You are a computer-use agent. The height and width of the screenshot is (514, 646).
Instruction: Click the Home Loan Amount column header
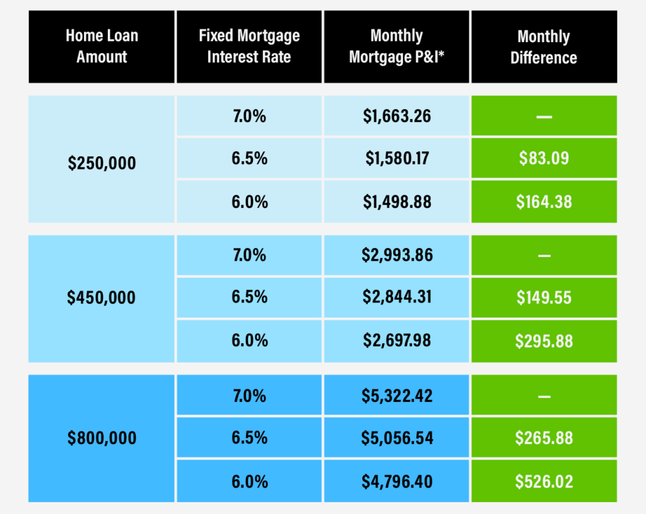[102, 47]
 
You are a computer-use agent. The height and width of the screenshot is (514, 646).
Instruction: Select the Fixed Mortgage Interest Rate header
[249, 47]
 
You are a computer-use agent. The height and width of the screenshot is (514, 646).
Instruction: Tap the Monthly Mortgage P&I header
[397, 47]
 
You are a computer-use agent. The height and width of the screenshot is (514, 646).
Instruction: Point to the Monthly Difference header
[544, 47]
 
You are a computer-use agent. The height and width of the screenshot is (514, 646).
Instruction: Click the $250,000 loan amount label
[102, 163]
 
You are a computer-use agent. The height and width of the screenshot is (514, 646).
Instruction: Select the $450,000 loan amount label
[102, 297]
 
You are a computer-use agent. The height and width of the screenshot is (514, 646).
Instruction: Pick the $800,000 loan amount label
[102, 438]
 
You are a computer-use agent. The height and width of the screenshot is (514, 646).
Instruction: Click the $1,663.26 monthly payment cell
[397, 116]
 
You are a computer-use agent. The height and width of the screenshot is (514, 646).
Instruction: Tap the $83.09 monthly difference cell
[544, 157]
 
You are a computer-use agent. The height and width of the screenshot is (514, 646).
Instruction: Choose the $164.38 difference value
[544, 202]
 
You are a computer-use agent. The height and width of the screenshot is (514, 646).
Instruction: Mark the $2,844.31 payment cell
[397, 297]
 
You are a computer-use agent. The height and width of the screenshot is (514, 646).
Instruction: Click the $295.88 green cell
[544, 341]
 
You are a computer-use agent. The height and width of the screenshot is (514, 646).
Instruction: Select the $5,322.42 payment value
[397, 396]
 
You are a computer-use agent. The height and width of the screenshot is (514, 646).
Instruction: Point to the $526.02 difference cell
[544, 482]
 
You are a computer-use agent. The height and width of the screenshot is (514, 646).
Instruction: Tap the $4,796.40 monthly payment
[397, 482]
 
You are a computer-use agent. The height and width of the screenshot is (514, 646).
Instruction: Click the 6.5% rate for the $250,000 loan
[249, 157]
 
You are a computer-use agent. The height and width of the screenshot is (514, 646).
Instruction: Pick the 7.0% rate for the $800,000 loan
[249, 396]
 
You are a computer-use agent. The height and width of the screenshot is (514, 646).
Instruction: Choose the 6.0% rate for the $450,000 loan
[249, 341]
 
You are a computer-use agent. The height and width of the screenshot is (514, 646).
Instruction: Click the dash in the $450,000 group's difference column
[544, 255]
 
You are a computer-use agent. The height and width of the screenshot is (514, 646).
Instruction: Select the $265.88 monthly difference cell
[544, 438]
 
